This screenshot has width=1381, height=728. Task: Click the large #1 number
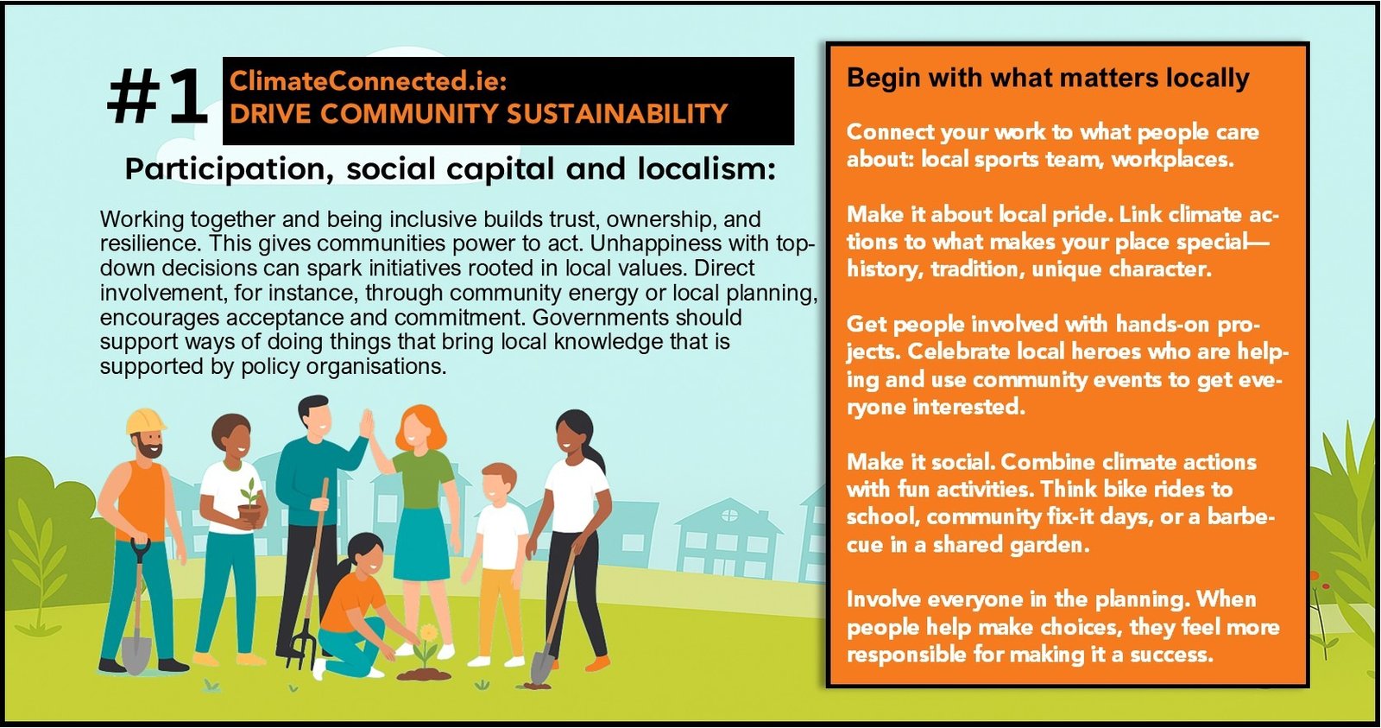tap(158, 98)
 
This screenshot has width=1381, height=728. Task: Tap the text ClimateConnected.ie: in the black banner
tap(368, 81)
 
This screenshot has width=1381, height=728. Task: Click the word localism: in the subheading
tap(707, 168)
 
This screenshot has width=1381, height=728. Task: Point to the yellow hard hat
tap(146, 421)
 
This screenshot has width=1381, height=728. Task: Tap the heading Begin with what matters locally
tap(1048, 79)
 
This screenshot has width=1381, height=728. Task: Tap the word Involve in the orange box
tap(884, 599)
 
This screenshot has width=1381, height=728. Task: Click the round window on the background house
tap(729, 515)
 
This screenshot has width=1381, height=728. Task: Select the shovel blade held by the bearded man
tap(136, 655)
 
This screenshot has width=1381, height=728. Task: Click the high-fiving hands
tap(367, 425)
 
